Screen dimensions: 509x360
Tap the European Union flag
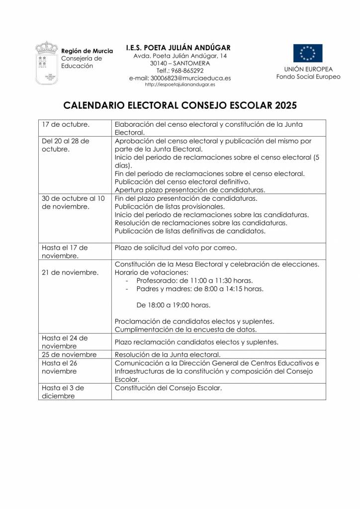click(307, 53)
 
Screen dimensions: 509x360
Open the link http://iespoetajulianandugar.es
click(180, 85)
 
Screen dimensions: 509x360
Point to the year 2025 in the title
click(284, 105)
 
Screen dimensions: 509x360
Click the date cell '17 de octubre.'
click(59, 124)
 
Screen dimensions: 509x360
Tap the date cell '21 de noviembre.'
click(70, 272)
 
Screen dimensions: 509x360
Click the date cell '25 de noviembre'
click(69, 354)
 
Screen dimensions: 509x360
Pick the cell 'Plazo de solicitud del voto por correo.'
click(176, 248)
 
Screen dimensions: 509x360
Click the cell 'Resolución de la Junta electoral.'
click(167, 354)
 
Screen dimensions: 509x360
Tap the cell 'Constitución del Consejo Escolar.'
click(168, 387)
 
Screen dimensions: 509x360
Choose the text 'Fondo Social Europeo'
click(308, 77)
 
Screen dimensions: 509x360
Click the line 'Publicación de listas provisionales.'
click(170, 206)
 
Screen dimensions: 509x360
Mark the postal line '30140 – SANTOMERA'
click(180, 63)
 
